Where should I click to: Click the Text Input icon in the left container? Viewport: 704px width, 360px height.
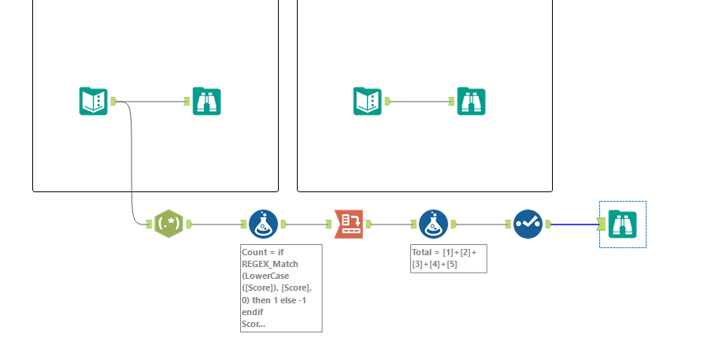point(93,101)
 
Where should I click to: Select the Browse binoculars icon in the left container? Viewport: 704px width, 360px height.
point(207,101)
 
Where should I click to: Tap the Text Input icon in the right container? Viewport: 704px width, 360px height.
point(367,101)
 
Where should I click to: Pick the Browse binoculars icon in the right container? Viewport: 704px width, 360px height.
point(471,101)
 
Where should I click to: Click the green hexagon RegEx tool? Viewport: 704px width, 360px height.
point(169,224)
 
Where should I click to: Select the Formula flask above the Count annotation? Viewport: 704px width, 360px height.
point(263,224)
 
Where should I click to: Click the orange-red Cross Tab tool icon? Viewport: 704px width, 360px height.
point(348,224)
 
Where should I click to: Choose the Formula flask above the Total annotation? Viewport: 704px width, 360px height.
point(432,224)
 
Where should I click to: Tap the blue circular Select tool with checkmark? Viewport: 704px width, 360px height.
point(528,224)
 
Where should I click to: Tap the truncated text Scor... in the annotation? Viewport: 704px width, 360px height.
point(254,323)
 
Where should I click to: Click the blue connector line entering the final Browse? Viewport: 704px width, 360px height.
point(575,225)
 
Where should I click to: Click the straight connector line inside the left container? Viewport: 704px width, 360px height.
point(154,101)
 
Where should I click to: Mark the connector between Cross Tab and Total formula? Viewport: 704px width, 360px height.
point(389,224)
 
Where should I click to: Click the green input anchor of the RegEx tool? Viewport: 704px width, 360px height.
point(149,225)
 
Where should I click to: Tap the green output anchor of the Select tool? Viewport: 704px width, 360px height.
point(547,225)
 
